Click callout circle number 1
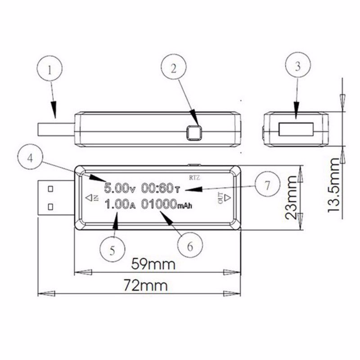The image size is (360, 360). coord(49,68)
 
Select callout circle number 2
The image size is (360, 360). coord(174,67)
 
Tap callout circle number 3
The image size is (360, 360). coord(298,65)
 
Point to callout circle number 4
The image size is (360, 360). coord(30,157)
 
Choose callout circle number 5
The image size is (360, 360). coord(112,249)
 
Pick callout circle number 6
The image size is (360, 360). coord(190,245)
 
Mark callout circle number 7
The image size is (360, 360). coord(267,184)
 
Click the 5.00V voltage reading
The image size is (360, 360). coord(120,188)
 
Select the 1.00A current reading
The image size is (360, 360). coord(120,204)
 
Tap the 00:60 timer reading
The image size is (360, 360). coord(161,188)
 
